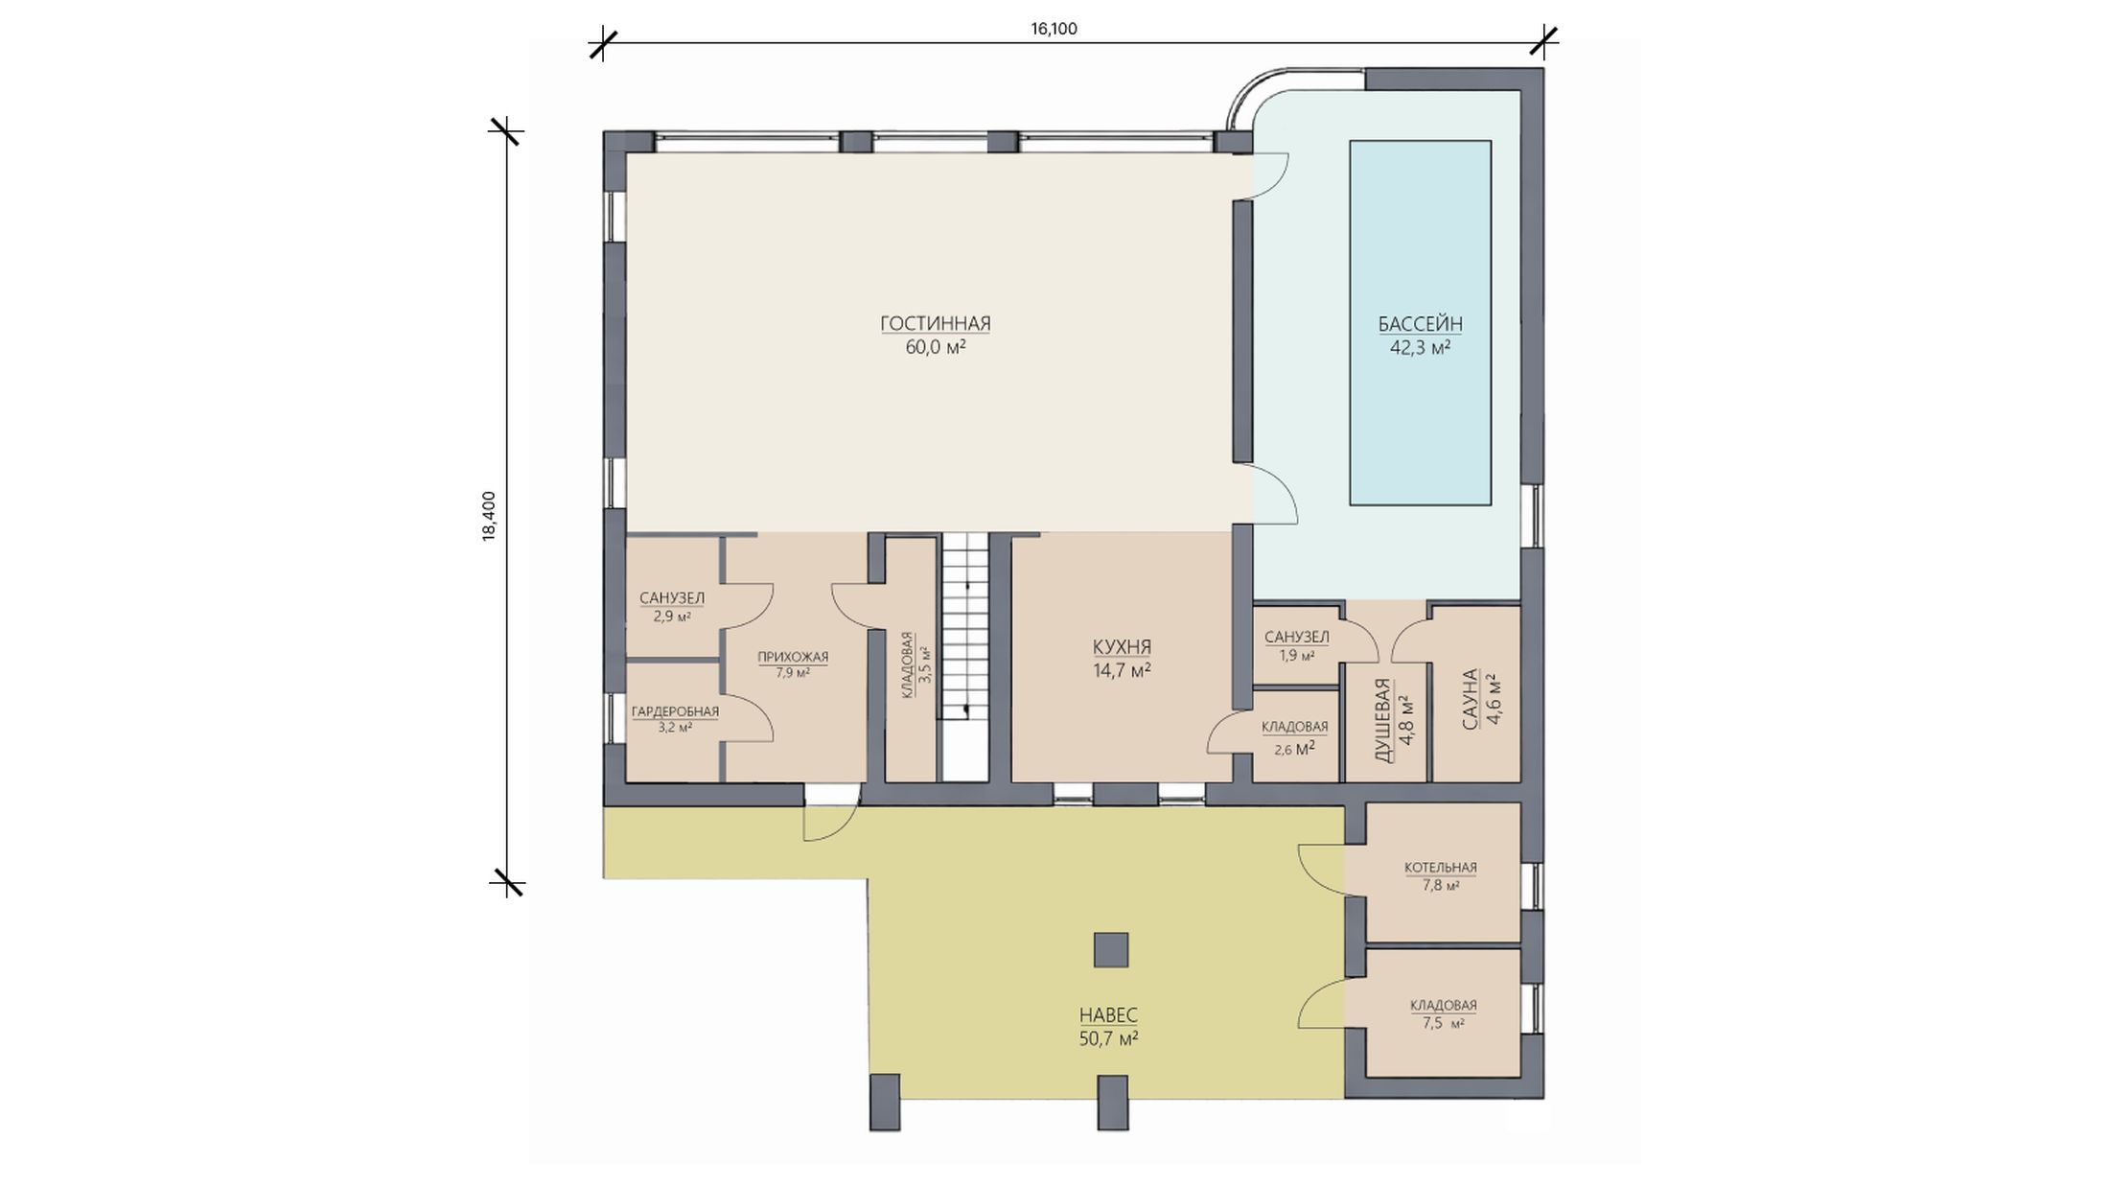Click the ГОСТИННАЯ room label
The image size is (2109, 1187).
[936, 323]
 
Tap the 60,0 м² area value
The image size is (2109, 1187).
[936, 347]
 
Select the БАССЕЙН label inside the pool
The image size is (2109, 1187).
[1421, 324]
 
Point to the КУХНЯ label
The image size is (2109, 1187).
[1122, 647]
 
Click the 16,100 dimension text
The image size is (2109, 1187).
[1054, 29]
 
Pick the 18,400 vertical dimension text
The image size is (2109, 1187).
[489, 517]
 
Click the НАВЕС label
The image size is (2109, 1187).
[1108, 1015]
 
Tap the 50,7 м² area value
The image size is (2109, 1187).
[1108, 1038]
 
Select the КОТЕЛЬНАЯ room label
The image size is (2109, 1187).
[1441, 868]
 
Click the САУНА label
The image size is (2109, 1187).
[1471, 700]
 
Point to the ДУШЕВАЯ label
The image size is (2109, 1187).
[1382, 720]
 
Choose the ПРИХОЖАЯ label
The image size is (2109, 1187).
[793, 657]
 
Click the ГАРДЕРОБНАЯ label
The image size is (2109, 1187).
[675, 711]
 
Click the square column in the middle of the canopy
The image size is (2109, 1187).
[1111, 949]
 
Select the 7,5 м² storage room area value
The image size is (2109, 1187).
[1443, 1023]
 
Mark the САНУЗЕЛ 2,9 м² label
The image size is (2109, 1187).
[672, 607]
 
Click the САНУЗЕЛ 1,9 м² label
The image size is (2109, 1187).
[1297, 646]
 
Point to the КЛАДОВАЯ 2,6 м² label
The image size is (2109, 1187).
[1295, 737]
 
